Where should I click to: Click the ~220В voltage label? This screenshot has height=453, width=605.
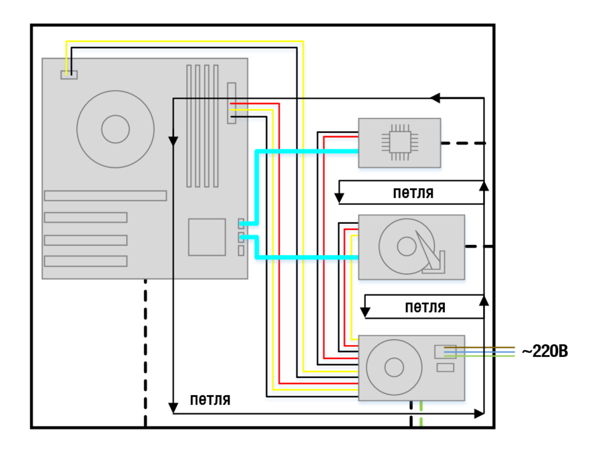[x=545, y=351]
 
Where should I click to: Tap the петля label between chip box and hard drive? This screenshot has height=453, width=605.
[x=413, y=193]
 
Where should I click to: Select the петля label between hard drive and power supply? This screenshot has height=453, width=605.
[x=425, y=307]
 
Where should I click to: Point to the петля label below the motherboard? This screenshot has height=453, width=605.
[x=210, y=399]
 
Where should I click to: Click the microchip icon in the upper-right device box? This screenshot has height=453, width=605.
[x=400, y=143]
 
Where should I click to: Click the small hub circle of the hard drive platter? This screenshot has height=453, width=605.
[x=406, y=247]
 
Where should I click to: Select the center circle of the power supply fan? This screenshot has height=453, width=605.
[x=394, y=367]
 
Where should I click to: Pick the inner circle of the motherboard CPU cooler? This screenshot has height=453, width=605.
[x=115, y=129]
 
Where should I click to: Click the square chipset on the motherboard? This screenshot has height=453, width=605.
[x=207, y=237]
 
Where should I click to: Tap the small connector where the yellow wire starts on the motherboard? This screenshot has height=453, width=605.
[x=69, y=75]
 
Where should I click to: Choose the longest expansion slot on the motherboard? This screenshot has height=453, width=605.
[x=105, y=196]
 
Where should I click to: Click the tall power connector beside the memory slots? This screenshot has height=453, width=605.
[x=231, y=103]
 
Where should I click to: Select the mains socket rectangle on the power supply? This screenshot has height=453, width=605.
[x=445, y=352]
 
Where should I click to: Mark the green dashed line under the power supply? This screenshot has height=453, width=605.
[x=421, y=414]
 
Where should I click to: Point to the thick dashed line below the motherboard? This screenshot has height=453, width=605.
[x=146, y=353]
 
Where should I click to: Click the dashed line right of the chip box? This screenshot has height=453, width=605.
[x=463, y=143]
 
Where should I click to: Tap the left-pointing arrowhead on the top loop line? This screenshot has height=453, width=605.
[x=435, y=98]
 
